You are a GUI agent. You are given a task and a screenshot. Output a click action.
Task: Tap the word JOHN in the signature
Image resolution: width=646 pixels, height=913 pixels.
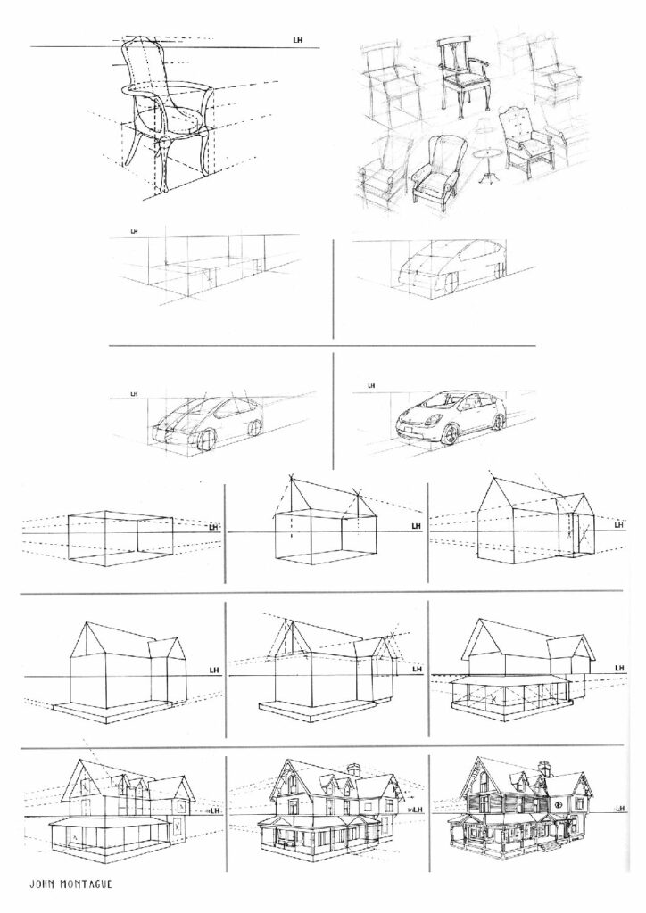point(43,884)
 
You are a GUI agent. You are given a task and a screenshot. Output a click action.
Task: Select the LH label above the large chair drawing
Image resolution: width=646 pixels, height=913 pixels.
point(297,40)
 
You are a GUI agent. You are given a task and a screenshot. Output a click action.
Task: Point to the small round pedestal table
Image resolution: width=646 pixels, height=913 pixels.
point(488,165)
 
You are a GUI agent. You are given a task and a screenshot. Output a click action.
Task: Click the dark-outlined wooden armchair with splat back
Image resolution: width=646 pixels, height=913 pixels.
point(464,76)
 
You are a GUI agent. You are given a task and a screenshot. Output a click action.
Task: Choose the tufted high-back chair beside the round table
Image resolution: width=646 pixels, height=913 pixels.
point(527,142)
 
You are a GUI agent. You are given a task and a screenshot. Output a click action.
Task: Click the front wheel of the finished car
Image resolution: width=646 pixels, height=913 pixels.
point(451,433)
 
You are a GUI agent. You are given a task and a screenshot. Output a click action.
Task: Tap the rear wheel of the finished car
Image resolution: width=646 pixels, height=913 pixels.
point(499,421)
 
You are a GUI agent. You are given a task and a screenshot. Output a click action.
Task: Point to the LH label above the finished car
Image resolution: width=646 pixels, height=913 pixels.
point(371,385)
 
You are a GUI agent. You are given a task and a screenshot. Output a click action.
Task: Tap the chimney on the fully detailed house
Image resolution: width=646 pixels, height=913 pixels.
point(546,769)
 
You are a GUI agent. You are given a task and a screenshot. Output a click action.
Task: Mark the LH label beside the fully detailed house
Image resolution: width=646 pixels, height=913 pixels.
point(619,808)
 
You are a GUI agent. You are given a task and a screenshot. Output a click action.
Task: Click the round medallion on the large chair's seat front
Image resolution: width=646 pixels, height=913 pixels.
point(163,141)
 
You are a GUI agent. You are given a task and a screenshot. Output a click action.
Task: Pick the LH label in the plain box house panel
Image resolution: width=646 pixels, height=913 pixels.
point(214,527)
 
